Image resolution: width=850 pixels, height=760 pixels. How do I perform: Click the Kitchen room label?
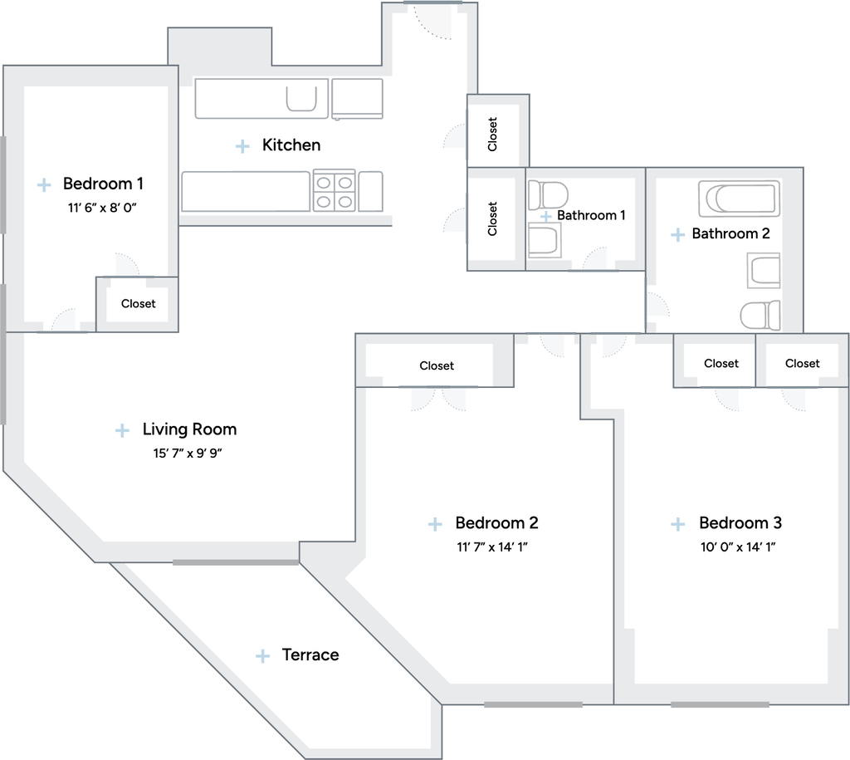291,145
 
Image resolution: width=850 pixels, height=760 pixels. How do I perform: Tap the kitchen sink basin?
301,100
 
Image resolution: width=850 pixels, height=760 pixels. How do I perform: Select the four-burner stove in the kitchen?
334,191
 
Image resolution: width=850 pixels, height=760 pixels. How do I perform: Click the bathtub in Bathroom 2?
740,199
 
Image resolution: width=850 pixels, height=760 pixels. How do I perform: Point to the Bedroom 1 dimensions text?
102,208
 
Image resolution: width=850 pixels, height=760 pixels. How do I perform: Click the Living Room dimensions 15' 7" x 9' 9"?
188,453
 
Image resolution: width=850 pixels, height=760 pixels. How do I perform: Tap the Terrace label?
310,655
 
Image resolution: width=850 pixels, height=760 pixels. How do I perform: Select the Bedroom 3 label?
740,522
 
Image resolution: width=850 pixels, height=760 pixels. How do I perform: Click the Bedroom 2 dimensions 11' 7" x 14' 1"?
491,547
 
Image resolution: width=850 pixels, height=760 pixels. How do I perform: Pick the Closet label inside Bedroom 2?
437,365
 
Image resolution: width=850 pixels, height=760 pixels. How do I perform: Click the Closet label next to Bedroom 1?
139,304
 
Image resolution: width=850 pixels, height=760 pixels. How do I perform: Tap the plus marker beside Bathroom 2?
677,234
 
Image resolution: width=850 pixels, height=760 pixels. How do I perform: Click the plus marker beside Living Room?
123,431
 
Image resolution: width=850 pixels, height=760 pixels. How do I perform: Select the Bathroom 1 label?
591,215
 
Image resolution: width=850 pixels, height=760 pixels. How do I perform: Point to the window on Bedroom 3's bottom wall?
720,704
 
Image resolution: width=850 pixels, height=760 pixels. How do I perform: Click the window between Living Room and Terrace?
236,562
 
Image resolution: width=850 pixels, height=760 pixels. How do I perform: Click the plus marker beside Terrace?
262,656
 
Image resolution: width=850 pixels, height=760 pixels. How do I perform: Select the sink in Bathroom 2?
764,270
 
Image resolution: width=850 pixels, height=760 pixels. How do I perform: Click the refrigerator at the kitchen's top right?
357,98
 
